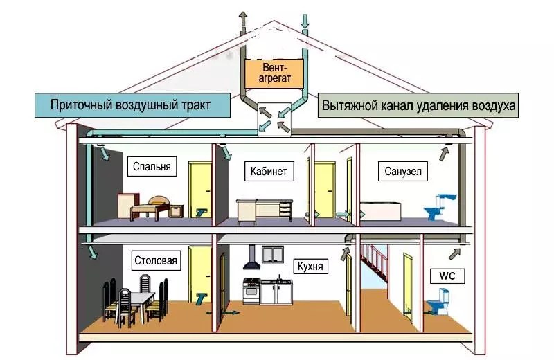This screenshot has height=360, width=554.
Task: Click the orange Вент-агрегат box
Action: [x=274, y=73]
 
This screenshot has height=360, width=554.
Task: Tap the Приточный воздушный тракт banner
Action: [x=132, y=105]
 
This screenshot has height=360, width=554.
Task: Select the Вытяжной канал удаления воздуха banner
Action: [x=418, y=105]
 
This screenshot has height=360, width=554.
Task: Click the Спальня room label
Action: [x=152, y=166]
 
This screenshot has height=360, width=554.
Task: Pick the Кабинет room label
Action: [x=269, y=171]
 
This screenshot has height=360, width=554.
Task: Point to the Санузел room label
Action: [x=403, y=171]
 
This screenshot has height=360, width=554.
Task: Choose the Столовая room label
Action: [x=156, y=261]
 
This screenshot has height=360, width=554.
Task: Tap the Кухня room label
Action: [x=310, y=266]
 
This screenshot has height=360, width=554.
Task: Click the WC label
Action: [x=447, y=276]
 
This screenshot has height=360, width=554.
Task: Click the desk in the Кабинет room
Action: [x=265, y=210]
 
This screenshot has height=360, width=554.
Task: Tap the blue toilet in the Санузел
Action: [x=440, y=207]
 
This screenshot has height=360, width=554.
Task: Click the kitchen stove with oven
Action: [x=251, y=291]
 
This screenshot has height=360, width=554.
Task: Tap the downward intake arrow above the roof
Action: [x=305, y=23]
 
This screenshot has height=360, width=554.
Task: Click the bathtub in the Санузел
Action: [x=380, y=211]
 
